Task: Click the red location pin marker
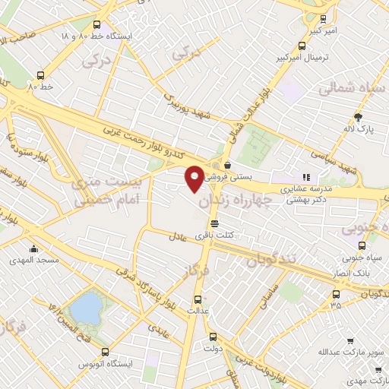(x=194, y=179)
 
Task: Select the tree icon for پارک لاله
(x=359, y=116)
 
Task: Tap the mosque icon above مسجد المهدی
(x=33, y=248)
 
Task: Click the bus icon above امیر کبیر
(x=324, y=20)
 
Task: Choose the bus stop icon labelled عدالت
(x=198, y=299)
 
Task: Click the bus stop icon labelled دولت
(x=211, y=337)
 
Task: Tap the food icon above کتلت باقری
(x=215, y=223)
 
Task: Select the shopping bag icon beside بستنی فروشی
(x=226, y=164)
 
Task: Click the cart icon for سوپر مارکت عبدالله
(x=349, y=341)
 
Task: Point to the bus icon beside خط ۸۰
(x=40, y=75)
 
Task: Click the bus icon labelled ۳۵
(x=336, y=295)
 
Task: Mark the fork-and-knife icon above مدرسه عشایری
(x=307, y=178)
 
